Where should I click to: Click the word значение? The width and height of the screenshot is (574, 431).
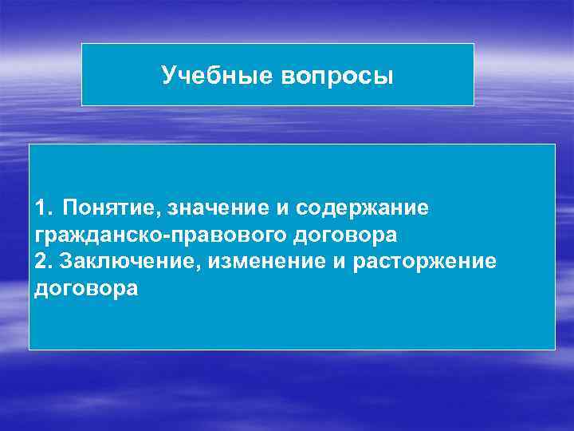211,208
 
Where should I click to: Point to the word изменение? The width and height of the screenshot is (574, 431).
254,262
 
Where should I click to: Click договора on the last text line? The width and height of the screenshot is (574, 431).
86,289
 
